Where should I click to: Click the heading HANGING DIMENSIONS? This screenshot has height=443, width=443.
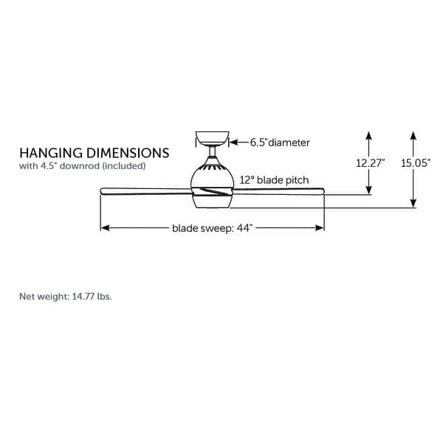(94, 153)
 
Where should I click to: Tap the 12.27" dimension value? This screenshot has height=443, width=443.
(371, 163)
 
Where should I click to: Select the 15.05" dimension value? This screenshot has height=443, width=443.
(416, 163)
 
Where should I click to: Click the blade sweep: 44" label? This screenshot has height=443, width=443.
(213, 228)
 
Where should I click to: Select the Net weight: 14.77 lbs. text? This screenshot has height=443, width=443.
(66, 297)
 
